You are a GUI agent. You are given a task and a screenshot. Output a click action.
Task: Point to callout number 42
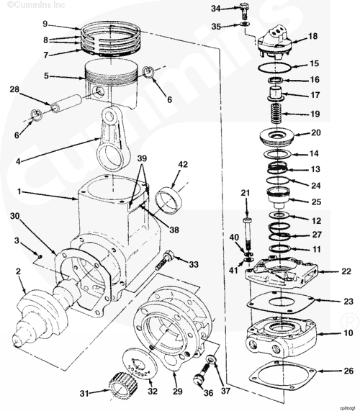(x=183, y=164)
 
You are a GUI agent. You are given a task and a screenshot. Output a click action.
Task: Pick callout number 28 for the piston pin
(x=14, y=90)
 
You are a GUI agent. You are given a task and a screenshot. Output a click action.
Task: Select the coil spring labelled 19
(x=276, y=113)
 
